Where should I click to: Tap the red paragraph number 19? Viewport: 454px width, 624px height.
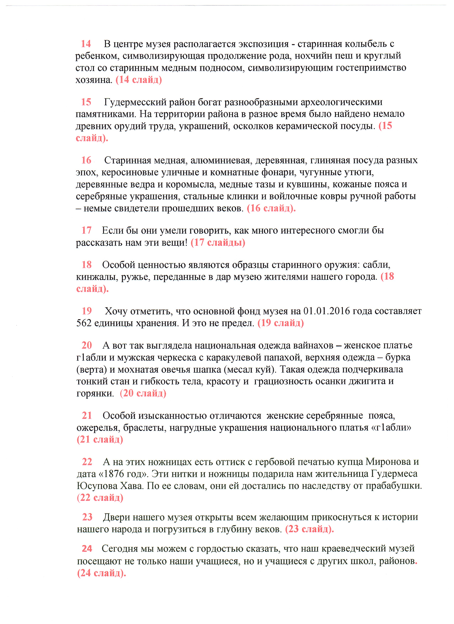click(87, 311)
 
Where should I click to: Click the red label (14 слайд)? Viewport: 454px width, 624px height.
click(139, 80)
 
